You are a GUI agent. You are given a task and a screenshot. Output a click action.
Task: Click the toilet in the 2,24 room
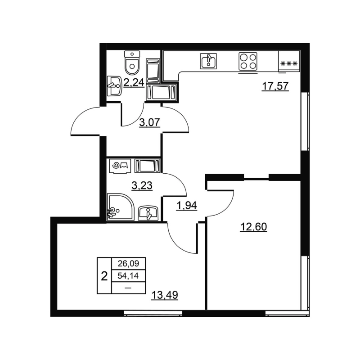[x=132, y=63]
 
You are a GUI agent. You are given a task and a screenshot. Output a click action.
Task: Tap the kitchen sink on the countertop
[x=208, y=61]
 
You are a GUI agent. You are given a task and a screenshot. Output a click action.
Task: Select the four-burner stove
[x=247, y=61]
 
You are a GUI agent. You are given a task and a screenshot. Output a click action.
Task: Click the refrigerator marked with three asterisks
[x=288, y=63]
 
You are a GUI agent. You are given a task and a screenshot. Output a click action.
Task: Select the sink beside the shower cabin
[x=148, y=212]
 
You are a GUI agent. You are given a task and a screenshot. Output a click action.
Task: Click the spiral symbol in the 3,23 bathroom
[x=116, y=165]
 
